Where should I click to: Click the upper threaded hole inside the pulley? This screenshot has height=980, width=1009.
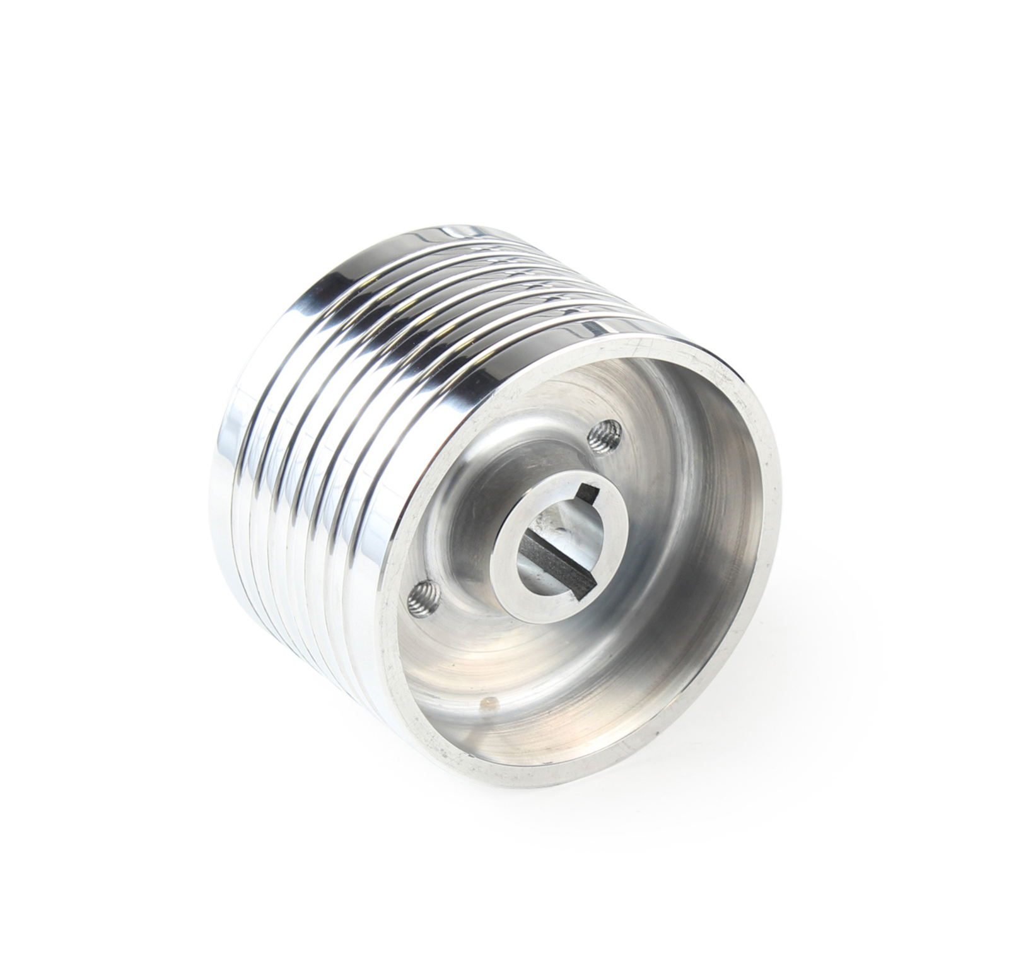604,434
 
